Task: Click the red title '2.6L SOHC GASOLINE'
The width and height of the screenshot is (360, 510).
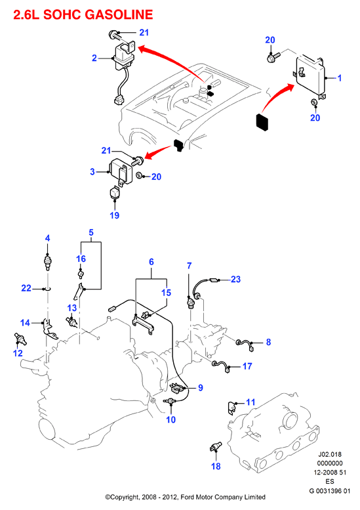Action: point(83,15)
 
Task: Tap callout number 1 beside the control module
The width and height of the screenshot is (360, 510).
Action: point(340,78)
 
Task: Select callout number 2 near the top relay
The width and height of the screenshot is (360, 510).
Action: point(94,58)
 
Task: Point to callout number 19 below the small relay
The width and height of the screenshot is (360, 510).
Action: point(114,215)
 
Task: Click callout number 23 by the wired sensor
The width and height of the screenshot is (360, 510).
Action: point(235,280)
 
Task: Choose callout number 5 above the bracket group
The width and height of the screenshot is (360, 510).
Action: point(91,232)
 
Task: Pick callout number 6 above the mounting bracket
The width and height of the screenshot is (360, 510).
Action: point(151,262)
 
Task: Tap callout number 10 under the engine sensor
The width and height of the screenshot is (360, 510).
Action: point(171,420)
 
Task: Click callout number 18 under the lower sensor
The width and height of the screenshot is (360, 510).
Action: point(216,467)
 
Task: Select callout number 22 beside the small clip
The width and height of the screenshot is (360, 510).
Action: point(26,288)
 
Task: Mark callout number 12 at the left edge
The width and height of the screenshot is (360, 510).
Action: point(18,353)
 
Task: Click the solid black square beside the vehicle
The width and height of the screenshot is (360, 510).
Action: point(262,122)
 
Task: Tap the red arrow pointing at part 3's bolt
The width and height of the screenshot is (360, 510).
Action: point(157,151)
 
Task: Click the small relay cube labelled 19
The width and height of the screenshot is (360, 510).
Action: point(114,192)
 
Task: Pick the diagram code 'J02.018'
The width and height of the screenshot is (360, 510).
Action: point(329,454)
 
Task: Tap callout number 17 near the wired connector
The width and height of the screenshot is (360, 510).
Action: point(247,366)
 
